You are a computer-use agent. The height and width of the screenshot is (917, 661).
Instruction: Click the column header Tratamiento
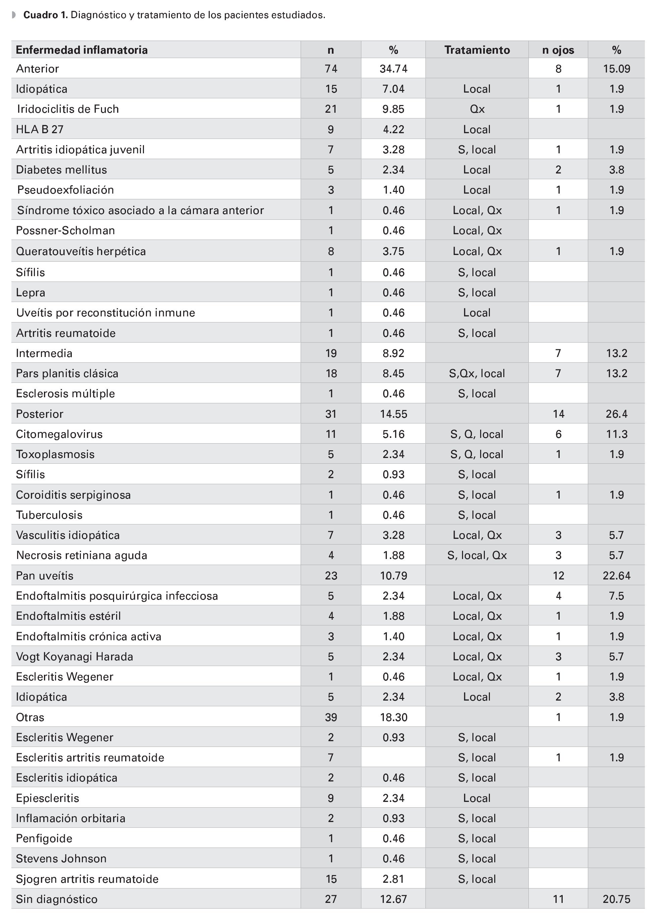[x=477, y=50]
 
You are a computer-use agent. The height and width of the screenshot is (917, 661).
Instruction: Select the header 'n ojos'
[x=558, y=50]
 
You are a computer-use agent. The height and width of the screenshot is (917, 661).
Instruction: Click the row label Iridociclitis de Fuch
[x=68, y=109]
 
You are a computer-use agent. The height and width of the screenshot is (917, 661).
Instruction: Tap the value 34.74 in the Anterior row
[x=393, y=69]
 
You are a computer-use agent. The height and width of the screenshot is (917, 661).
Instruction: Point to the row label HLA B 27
[x=40, y=130]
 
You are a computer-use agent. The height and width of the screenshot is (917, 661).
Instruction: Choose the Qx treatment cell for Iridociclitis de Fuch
[x=477, y=109]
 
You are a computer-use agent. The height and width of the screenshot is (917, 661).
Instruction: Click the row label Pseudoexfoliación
[x=65, y=190]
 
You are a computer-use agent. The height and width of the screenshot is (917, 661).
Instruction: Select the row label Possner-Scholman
[x=65, y=231]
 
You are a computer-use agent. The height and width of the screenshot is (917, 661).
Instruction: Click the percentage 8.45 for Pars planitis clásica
[x=393, y=373]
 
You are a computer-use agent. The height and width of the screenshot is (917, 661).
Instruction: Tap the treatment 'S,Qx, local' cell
[x=477, y=373]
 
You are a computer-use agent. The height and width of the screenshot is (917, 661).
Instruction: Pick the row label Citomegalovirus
[x=59, y=434]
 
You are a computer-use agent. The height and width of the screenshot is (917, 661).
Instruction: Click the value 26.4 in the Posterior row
[x=616, y=414]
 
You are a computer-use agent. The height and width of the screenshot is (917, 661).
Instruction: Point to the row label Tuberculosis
[x=49, y=515]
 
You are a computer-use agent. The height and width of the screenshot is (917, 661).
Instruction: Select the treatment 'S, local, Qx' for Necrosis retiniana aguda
[x=477, y=555]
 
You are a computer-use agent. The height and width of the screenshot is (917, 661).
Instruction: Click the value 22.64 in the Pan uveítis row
[x=616, y=575]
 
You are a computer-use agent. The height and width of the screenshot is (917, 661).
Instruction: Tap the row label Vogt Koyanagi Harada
[x=74, y=656]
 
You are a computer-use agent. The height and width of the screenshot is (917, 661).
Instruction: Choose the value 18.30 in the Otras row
[x=393, y=717]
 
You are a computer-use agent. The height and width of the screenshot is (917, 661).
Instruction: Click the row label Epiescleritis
[x=47, y=798]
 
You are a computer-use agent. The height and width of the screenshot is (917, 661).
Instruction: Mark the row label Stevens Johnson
[x=61, y=858]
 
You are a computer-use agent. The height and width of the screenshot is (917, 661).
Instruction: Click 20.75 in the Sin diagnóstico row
[x=616, y=899]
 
